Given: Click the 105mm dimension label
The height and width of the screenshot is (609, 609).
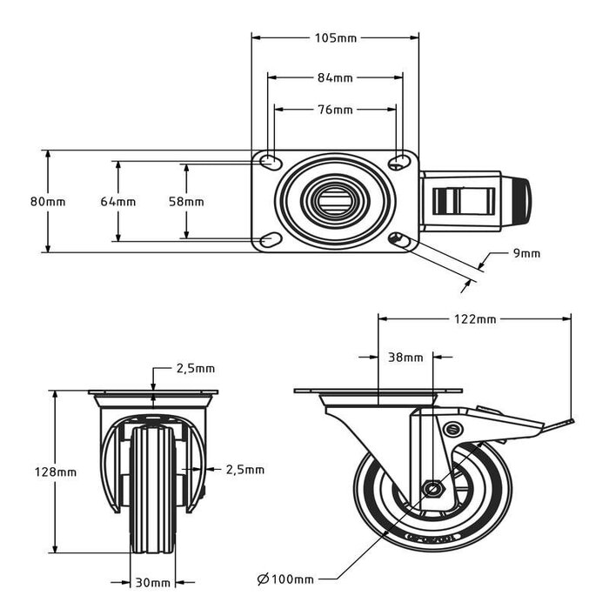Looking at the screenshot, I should pos(335,37).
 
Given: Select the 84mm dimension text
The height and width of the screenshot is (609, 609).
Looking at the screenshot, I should pos(335,77).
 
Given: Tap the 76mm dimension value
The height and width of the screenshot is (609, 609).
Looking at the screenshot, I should pos(335,110).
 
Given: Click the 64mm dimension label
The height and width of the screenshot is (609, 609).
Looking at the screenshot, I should pos(117,202).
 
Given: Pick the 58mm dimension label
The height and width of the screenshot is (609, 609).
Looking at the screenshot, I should pos(186,202).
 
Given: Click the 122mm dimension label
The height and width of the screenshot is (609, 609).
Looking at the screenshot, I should pos(475,319).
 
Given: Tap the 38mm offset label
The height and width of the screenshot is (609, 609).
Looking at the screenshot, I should pos(406,358).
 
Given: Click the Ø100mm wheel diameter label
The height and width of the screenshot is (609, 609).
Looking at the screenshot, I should pos(285,579).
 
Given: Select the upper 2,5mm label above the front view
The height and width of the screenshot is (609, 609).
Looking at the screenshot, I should pos(196,369).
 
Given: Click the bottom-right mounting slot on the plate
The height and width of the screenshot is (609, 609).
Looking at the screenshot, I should pos(398,239).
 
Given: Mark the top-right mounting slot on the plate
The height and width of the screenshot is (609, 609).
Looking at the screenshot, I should pos(398,162).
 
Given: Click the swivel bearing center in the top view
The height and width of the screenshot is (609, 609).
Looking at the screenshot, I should pos(335,201).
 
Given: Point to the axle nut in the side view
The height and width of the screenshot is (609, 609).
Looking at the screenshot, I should pos(431,488).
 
